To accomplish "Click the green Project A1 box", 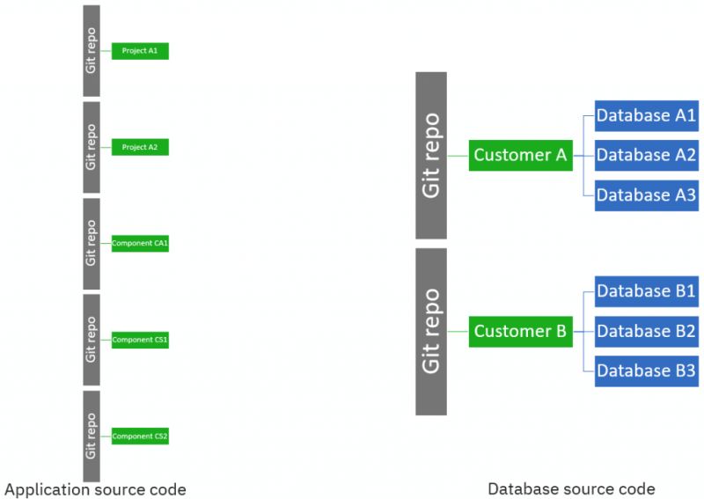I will (x=139, y=51).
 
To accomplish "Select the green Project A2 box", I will (x=139, y=147).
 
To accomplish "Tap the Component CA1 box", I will (x=139, y=243).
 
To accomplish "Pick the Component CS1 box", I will (x=139, y=340).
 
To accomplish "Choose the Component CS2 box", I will (x=139, y=436).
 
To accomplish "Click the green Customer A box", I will (x=520, y=155).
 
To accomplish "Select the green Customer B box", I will (x=520, y=331).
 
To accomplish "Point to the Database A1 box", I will (x=646, y=115).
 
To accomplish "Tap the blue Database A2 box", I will (x=646, y=155).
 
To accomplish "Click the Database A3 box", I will (x=646, y=194).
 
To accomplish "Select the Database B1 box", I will (x=646, y=291).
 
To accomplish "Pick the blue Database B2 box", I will (x=646, y=331).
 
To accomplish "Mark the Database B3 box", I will (x=646, y=371).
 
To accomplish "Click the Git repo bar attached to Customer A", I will (x=431, y=155).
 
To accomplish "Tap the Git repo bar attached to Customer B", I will (x=431, y=331).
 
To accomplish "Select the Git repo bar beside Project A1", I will (x=92, y=51).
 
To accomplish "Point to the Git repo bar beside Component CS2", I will (x=92, y=436).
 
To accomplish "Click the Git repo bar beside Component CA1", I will (x=92, y=244).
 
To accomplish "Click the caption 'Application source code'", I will (x=95, y=488).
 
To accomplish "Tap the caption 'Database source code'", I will (x=571, y=488).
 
